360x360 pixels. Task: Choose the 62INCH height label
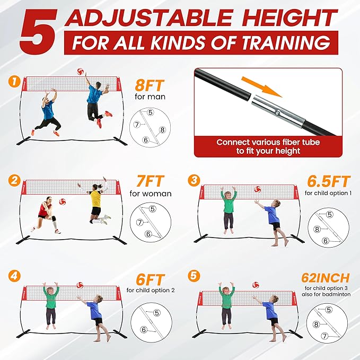point(326,278)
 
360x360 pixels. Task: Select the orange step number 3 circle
point(194,180)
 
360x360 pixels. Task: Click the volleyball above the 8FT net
point(81,71)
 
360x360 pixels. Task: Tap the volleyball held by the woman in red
point(63,202)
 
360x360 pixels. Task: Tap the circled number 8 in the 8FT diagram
point(162,129)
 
